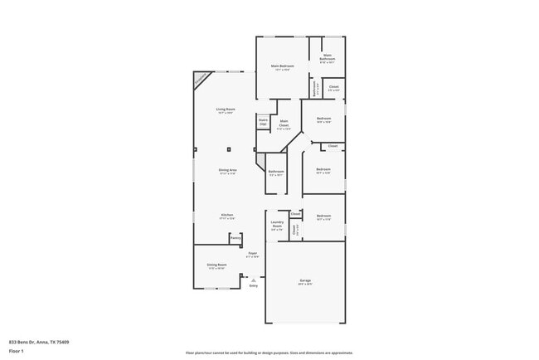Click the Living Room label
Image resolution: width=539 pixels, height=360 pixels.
click(x=224, y=110)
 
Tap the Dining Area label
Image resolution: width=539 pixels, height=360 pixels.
click(x=228, y=171)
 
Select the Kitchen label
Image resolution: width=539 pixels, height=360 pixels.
click(x=226, y=216)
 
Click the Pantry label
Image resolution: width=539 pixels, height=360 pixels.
click(x=236, y=237)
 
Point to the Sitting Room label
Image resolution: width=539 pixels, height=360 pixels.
click(x=216, y=265)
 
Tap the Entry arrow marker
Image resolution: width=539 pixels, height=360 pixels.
click(x=252, y=280)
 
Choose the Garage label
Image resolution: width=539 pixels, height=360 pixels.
click(x=305, y=282)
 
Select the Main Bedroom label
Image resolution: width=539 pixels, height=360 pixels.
click(x=282, y=66)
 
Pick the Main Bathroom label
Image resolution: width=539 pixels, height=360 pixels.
click(x=328, y=58)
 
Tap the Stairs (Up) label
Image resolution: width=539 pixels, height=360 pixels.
click(x=263, y=123)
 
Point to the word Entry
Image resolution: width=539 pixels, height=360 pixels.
click(x=254, y=285)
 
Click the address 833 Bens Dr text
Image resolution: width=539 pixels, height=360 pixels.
click(x=39, y=342)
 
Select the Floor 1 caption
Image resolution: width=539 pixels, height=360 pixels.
click(x=17, y=352)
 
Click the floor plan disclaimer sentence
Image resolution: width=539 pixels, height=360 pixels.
click(x=269, y=352)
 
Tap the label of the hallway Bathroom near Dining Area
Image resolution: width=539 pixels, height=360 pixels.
click(x=276, y=173)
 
